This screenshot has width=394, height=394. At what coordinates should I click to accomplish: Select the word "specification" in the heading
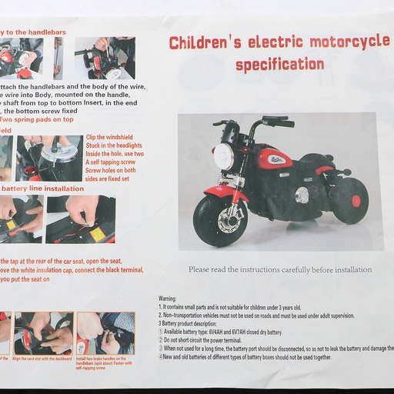[x=279, y=65]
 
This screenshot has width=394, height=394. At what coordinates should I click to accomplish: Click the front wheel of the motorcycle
[x=219, y=219]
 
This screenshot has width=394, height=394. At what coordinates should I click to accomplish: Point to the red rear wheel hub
[x=356, y=202]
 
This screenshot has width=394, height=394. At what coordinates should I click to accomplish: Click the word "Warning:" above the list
[x=168, y=298]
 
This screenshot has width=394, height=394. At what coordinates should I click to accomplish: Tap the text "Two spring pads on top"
[x=36, y=119]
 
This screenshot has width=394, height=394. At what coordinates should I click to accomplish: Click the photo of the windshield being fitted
[x=50, y=158]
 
